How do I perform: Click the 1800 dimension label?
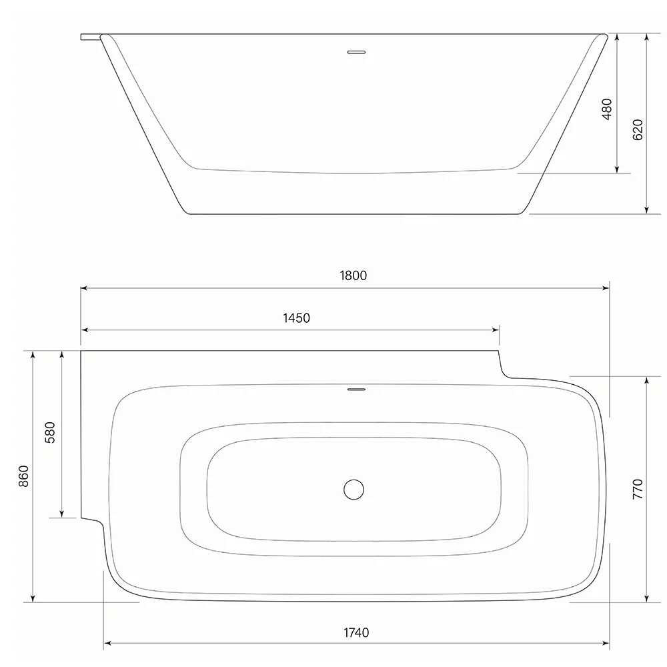click(353, 275)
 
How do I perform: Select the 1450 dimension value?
click(297, 318)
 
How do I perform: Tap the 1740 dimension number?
click(356, 633)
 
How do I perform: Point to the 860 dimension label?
click(24, 476)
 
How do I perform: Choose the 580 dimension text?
click(50, 433)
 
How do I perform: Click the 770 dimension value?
click(638, 489)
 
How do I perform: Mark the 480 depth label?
click(607, 109)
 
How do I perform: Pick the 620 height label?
click(638, 130)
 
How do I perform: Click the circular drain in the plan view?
click(354, 490)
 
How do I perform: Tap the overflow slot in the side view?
click(356, 52)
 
